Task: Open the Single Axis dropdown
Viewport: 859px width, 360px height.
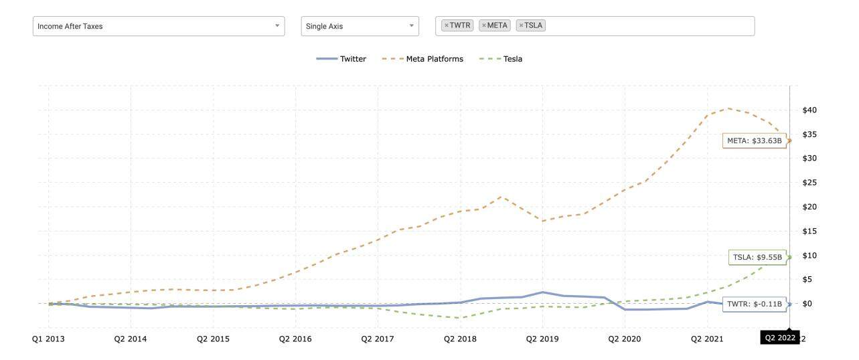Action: click(360, 26)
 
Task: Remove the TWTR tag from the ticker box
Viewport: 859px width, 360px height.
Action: click(447, 25)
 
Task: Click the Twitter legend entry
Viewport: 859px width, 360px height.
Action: click(342, 59)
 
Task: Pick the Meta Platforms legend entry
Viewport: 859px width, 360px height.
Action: click(423, 59)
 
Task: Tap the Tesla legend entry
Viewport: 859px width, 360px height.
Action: click(501, 59)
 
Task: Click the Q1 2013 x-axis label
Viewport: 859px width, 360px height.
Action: click(48, 339)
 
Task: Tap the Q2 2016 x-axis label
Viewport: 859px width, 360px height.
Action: click(295, 339)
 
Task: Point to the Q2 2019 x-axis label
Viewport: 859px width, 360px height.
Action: click(542, 339)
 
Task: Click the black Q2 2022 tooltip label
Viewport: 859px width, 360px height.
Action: click(779, 338)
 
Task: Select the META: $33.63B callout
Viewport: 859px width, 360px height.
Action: click(754, 141)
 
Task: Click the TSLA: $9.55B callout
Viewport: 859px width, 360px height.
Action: click(757, 257)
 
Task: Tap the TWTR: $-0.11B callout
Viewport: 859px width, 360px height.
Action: click(754, 304)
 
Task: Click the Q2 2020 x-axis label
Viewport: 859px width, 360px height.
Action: click(624, 339)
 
